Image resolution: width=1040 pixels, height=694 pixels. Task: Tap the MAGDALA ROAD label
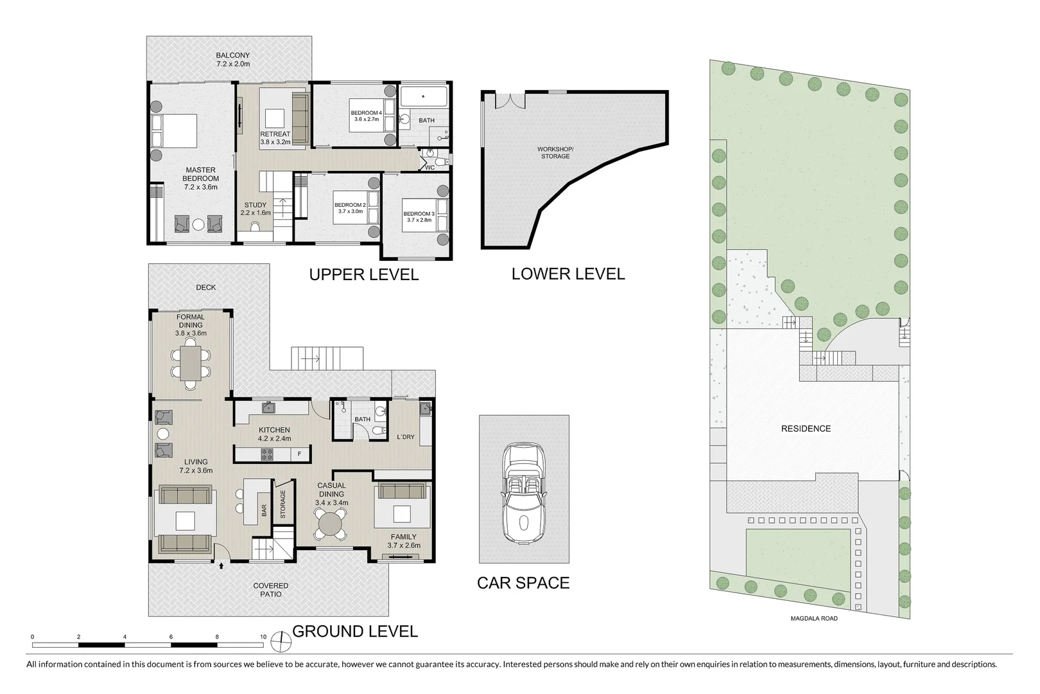813,618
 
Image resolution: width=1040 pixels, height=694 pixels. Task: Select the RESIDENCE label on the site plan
806,429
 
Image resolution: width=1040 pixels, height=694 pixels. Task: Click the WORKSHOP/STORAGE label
555,153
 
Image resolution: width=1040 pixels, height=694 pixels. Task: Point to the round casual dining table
331,524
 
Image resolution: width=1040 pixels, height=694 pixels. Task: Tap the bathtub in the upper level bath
424,98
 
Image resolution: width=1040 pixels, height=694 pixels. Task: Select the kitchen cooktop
267,454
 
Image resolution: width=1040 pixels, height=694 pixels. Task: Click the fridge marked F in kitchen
299,454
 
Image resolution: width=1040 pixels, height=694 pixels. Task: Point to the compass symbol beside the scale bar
281,640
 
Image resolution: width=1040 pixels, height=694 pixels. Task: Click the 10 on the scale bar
263,637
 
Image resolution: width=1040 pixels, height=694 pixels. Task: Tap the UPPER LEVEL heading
363,275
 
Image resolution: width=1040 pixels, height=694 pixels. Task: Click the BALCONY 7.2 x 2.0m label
232,60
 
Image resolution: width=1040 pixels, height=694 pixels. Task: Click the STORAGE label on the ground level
282,504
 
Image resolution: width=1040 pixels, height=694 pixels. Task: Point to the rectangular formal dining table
191,364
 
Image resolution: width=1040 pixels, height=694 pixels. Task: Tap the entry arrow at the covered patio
221,566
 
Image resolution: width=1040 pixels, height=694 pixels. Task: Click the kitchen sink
270,407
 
